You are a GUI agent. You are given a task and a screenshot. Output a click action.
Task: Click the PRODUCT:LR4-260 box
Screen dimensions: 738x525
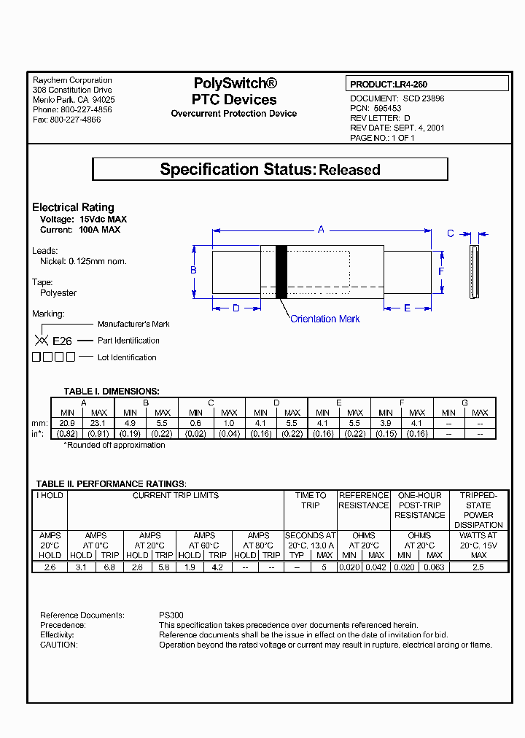427,84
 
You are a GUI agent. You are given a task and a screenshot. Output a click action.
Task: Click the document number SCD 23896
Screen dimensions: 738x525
423,98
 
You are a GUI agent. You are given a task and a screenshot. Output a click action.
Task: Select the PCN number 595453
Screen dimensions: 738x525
386,108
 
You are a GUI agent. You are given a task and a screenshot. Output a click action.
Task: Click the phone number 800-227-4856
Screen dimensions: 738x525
81,109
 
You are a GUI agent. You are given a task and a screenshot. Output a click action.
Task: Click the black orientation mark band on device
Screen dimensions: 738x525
281,271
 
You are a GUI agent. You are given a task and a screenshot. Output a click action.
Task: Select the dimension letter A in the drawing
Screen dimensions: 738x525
321,230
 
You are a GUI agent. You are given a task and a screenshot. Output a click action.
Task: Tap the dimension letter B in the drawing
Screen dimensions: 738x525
193,271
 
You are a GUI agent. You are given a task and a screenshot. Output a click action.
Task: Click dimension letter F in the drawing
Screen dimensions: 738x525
441,271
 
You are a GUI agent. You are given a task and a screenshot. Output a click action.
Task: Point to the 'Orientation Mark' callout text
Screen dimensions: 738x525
324,319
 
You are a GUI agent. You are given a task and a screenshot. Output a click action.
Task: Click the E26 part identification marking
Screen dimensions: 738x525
62,341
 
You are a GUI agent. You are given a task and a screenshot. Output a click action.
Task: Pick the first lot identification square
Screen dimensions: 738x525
36,357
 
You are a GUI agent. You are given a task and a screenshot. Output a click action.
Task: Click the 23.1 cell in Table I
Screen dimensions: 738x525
98,423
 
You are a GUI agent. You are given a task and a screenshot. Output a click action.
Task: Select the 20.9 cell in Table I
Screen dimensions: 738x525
67,423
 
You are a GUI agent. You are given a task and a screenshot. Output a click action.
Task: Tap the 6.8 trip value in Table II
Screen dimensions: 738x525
109,566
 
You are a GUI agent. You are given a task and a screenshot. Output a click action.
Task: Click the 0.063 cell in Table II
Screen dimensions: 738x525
435,566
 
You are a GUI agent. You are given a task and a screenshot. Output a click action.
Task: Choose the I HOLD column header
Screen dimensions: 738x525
50,496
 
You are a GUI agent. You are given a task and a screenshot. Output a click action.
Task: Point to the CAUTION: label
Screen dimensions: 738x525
58,645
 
